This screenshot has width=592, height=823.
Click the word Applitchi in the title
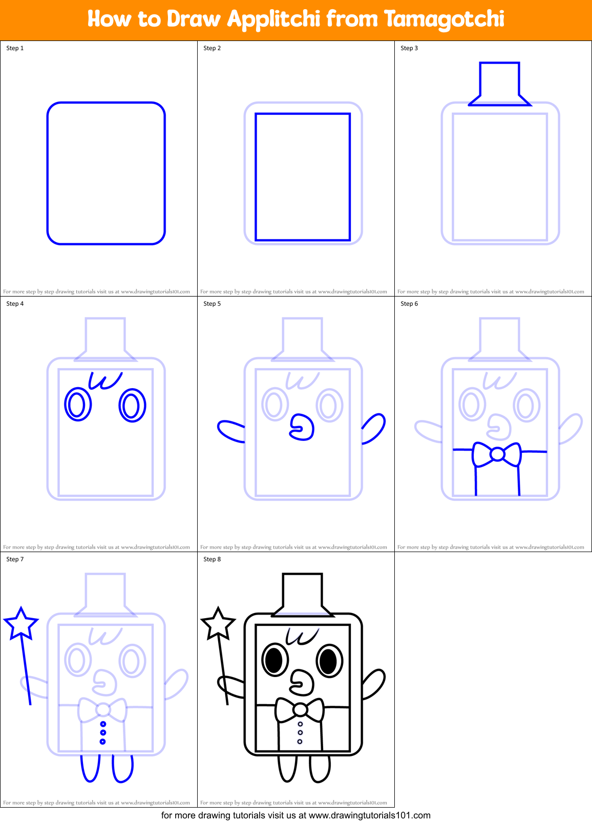(x=273, y=19)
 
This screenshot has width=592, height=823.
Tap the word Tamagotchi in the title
(x=444, y=19)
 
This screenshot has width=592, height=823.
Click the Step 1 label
(x=15, y=48)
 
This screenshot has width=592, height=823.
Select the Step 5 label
(x=212, y=304)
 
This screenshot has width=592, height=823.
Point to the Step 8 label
(x=212, y=559)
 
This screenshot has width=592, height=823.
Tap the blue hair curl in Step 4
(x=105, y=380)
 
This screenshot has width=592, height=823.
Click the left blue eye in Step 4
(x=78, y=405)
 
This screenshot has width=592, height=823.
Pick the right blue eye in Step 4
(x=132, y=405)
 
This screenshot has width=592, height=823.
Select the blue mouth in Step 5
(x=302, y=428)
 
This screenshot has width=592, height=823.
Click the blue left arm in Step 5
(x=230, y=431)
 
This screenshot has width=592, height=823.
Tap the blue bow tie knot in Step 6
(x=497, y=454)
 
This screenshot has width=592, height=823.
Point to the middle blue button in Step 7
(x=103, y=733)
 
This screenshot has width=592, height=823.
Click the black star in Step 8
(x=218, y=623)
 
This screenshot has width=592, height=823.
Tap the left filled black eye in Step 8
(x=274, y=660)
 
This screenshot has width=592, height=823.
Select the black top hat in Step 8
(x=302, y=594)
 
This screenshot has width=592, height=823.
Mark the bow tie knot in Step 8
(x=300, y=709)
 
